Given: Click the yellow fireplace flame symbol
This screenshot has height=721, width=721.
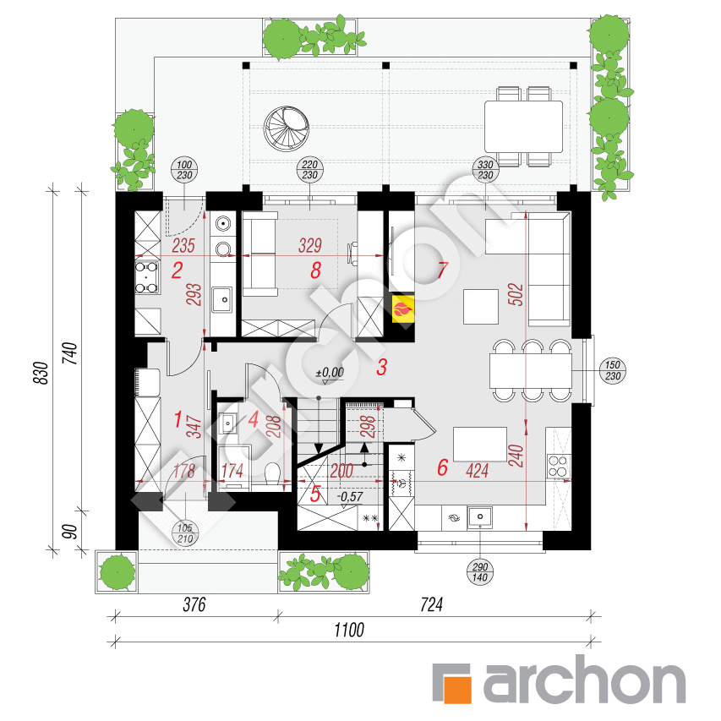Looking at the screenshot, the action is (403, 308).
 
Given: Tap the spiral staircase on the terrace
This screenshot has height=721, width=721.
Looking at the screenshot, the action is (286, 128).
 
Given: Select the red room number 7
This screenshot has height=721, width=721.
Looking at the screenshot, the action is (442, 270).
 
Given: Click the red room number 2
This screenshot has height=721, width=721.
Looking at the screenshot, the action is (177, 270).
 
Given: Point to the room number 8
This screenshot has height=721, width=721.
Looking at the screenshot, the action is (315, 270).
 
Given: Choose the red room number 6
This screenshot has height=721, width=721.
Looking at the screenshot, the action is (442, 467).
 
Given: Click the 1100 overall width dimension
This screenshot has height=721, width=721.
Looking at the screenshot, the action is (349, 630).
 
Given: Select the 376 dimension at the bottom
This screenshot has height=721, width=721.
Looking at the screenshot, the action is (194, 604).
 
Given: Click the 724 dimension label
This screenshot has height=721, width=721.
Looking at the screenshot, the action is (431, 604).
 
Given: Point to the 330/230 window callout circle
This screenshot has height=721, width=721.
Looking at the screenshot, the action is (485, 170).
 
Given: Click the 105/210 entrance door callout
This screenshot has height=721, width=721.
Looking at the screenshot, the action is (185, 533).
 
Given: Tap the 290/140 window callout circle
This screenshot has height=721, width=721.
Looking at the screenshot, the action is (480, 572).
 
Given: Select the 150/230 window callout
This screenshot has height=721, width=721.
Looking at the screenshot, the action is (613, 370).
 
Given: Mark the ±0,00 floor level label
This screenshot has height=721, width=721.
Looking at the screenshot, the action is (330, 373).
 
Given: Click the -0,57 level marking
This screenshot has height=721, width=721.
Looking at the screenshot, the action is (350, 497).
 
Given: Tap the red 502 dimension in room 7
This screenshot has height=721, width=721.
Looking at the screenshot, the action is (516, 295).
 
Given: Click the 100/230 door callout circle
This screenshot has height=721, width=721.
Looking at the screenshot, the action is (184, 170).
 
